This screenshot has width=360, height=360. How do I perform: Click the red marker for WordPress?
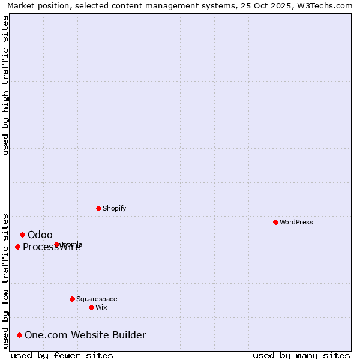point(275,222)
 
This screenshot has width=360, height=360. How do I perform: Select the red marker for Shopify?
point(98,208)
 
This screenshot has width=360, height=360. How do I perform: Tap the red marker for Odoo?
point(22,235)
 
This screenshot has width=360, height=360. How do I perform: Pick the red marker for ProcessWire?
point(17,247)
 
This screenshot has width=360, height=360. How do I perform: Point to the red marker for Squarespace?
point(72,299)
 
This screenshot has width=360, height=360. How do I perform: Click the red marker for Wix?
point(91,307)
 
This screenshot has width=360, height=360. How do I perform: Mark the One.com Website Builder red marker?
point(20,335)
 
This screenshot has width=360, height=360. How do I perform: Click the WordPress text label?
point(296,222)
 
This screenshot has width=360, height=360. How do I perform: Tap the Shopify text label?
point(114,208)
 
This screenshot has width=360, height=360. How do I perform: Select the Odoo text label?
point(40,235)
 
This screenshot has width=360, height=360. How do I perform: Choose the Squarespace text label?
point(97,299)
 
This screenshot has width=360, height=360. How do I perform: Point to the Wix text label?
point(101,307)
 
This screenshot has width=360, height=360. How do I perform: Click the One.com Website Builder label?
point(85,335)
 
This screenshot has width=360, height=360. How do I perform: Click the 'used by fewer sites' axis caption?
point(62,355)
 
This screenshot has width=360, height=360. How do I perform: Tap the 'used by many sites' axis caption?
point(301,355)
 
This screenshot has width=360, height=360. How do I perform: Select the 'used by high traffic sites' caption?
point(5,85)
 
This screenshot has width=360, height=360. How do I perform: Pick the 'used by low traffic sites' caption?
point(5,280)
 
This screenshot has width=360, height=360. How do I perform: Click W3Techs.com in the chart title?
point(325,5)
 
